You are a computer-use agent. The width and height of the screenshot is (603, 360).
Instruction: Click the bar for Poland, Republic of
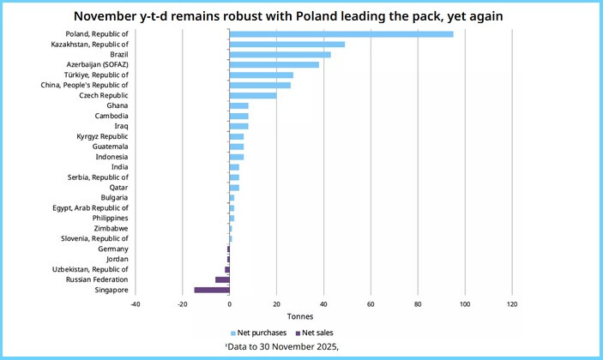point(341,34)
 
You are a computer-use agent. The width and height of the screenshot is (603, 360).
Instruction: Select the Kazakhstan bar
point(286,44)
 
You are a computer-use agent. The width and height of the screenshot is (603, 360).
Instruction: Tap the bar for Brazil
point(280,54)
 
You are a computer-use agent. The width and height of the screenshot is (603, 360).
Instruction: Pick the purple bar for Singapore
point(212,290)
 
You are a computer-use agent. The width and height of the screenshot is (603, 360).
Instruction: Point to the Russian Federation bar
point(222,279)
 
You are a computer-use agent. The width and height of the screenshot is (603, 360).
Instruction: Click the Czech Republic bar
point(252,95)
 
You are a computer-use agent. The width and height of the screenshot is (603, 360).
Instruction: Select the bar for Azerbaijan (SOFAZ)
point(274,64)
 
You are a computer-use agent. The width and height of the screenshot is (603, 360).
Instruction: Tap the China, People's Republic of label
point(85,85)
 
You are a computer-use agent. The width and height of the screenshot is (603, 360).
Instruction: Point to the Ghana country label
point(118,105)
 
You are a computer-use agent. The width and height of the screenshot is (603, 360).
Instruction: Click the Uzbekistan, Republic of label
point(92,269)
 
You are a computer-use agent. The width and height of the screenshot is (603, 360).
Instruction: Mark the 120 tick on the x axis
point(512,304)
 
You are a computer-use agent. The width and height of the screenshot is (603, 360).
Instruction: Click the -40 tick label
point(136,304)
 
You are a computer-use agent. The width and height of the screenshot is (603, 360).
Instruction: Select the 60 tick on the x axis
point(371,304)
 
